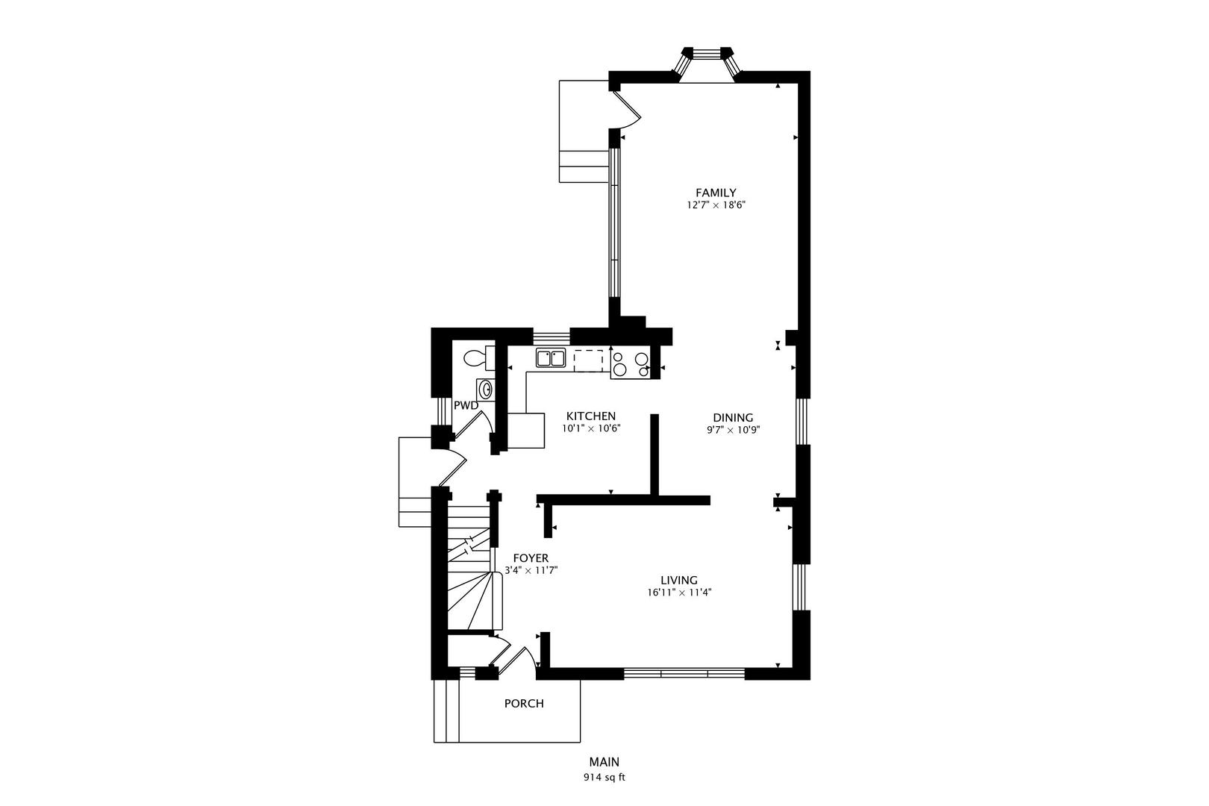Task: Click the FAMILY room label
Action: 716,193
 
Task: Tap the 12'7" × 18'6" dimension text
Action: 716,204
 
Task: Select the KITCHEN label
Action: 590,416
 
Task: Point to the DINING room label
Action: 733,418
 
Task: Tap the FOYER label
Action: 531,558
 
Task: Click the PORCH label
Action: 524,703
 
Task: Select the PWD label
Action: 466,405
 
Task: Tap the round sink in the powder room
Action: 485,390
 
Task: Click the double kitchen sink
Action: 551,359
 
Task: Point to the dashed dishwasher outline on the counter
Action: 588,360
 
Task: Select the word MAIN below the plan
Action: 604,762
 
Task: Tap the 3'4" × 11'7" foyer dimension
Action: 531,570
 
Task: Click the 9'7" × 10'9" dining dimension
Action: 733,430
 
